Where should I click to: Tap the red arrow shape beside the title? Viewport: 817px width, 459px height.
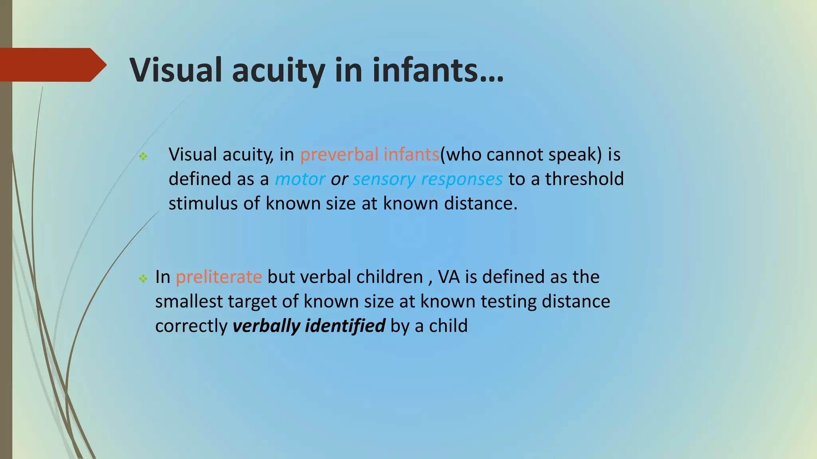(x=52, y=65)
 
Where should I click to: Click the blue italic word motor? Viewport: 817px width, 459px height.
(x=300, y=179)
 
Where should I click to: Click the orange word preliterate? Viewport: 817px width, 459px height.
(x=219, y=277)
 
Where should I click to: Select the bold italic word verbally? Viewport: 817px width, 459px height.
(x=266, y=326)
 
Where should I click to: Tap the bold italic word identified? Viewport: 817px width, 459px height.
(x=345, y=326)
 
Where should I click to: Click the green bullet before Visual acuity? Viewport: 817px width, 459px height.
(x=143, y=156)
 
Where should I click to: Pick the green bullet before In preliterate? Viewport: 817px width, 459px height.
(x=143, y=279)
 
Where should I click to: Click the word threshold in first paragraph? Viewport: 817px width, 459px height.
(x=584, y=179)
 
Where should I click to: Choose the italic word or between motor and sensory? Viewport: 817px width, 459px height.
(x=339, y=179)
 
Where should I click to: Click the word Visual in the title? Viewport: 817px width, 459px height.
(x=176, y=70)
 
